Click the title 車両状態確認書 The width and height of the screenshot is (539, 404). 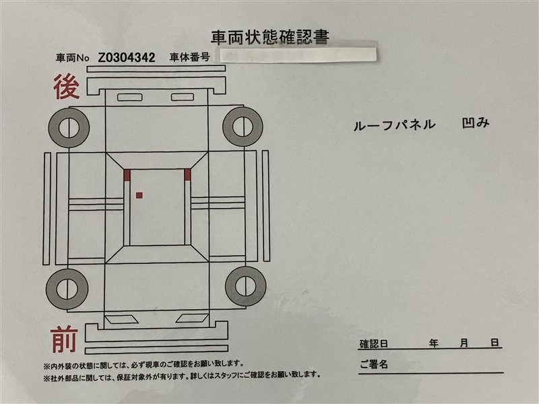(270, 38)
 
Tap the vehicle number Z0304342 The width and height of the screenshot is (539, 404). (127, 58)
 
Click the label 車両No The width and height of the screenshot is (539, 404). (73, 58)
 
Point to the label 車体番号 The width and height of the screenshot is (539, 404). (189, 57)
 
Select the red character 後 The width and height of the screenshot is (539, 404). (66, 86)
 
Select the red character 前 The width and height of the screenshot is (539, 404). (64, 339)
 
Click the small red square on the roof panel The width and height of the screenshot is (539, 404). (139, 195)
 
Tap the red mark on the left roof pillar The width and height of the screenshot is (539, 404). (127, 175)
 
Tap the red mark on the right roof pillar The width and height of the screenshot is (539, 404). (187, 174)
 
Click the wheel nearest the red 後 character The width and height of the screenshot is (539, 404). (69, 128)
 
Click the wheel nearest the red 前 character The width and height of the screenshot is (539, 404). (67, 289)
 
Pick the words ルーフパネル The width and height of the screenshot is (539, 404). (395, 125)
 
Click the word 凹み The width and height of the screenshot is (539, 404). (476, 123)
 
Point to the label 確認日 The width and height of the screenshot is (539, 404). (374, 344)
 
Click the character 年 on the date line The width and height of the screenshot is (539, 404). (434, 343)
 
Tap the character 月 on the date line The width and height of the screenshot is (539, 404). (464, 343)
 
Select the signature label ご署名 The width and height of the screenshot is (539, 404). (374, 364)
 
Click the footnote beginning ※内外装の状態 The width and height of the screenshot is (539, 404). (144, 364)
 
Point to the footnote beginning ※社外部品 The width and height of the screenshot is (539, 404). (182, 375)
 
